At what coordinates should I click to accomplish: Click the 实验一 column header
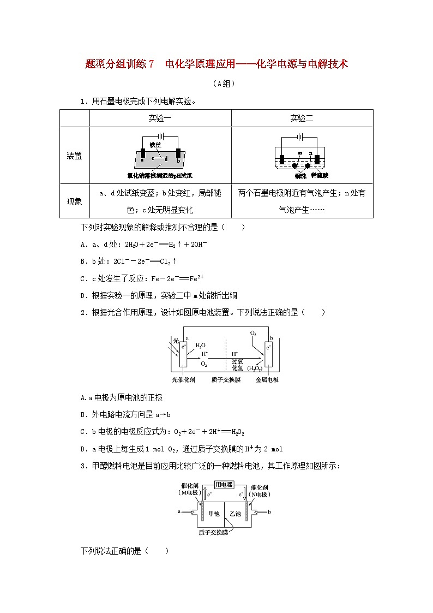[x=160, y=118]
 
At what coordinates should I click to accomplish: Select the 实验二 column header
[x=302, y=118]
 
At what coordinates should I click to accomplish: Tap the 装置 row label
[x=74, y=156]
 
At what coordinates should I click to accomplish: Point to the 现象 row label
[x=74, y=201]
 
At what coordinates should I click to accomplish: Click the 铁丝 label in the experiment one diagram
[x=155, y=145]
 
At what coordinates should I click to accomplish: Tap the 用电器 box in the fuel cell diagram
[x=224, y=485]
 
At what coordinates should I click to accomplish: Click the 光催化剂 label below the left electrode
[x=183, y=379]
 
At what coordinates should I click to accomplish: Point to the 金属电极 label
[x=267, y=379]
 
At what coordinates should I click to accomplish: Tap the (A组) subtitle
[x=216, y=84]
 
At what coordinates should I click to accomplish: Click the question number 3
[x=83, y=466]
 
